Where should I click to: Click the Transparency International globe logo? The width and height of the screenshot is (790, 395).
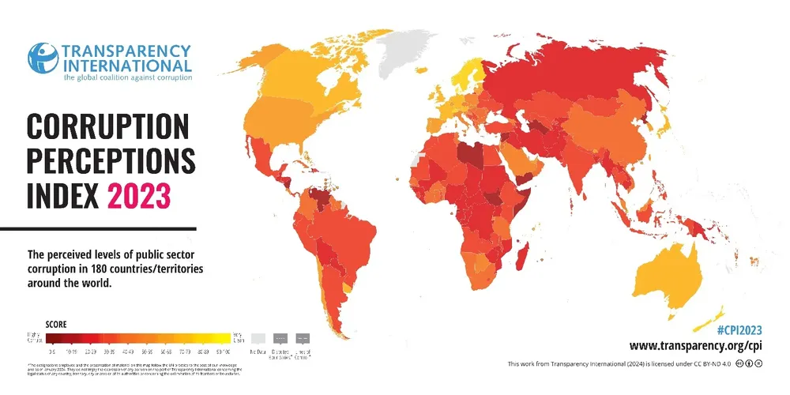point(43,58)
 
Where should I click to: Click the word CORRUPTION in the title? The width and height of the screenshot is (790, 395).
point(108,126)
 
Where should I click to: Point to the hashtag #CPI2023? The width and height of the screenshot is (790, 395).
point(739,330)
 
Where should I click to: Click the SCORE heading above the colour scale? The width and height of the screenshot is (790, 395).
point(56,324)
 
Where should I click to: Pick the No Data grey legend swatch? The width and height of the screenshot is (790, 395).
point(258,337)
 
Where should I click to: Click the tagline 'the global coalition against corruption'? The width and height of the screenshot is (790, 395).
point(127,77)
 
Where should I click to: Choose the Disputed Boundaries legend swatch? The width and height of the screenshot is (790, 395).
point(280,337)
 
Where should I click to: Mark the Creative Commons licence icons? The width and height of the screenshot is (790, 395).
point(749,363)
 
